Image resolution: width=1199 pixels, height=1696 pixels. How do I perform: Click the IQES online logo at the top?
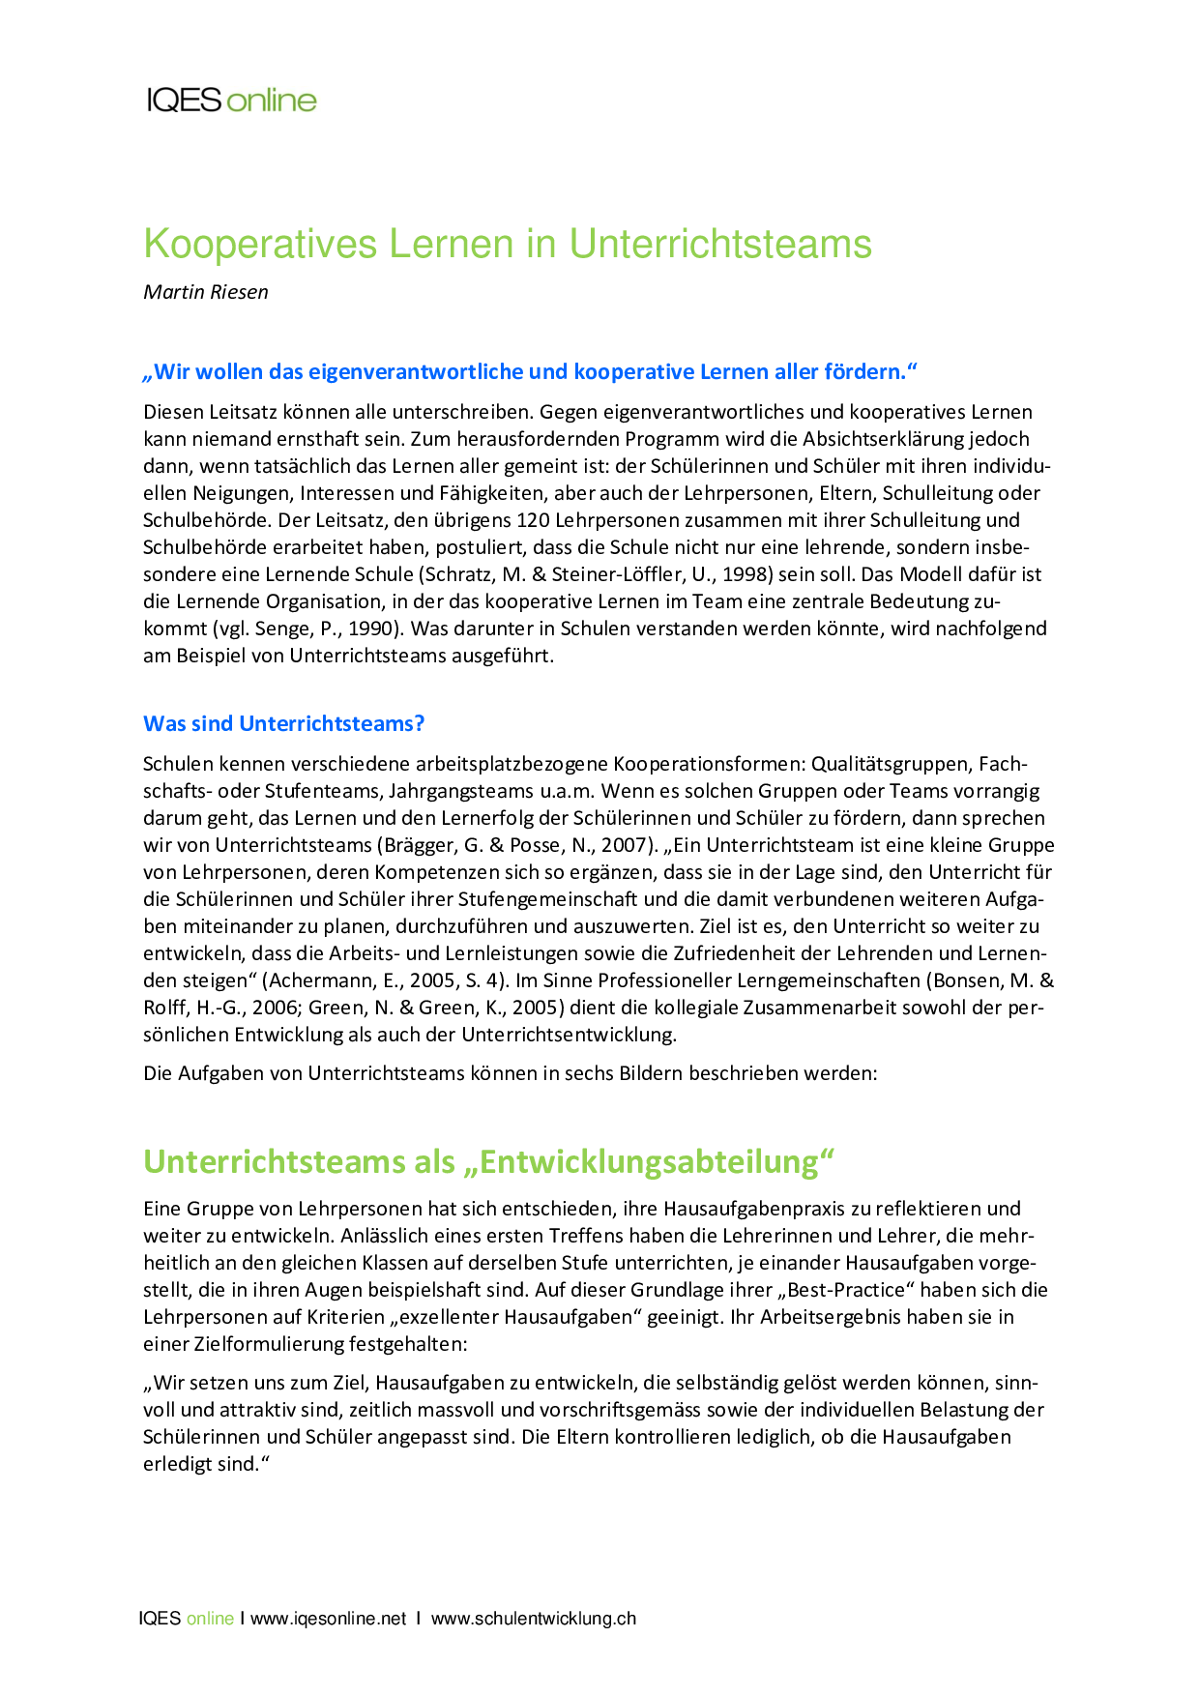pos(231,101)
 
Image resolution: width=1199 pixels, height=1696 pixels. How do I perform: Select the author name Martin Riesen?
pos(206,292)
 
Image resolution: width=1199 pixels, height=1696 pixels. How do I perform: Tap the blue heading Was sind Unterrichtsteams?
pos(284,723)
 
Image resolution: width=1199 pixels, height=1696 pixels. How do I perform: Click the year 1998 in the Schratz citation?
pos(746,574)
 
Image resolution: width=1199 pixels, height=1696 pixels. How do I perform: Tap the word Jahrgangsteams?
pos(447,791)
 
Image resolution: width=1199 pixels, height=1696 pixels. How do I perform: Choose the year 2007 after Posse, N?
pos(622,845)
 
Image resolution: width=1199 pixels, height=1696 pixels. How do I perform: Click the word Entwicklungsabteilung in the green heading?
pos(648,1161)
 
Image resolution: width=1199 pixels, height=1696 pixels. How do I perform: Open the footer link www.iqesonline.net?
pos(329,1619)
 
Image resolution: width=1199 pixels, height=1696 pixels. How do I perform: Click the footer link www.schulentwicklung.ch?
pos(534,1619)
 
